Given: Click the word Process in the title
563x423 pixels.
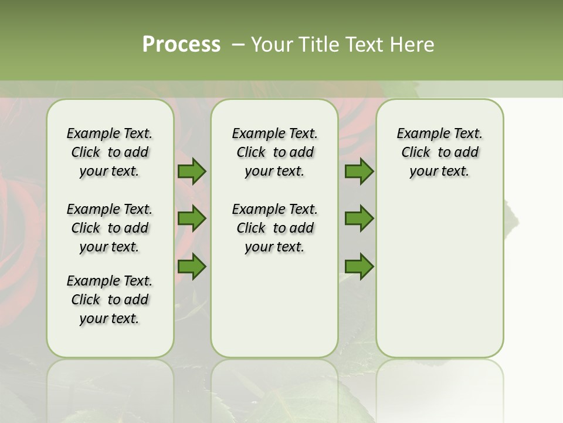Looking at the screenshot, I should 181,44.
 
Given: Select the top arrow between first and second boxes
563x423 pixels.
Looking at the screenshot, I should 192,172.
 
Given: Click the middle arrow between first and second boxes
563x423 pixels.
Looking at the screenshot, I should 192,219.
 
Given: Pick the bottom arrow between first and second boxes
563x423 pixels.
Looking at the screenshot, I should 192,266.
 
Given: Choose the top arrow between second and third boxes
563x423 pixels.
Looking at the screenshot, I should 359,172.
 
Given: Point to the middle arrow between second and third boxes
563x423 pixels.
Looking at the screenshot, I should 359,219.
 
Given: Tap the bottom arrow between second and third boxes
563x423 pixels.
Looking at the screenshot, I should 359,266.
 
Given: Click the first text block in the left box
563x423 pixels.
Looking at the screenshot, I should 110,152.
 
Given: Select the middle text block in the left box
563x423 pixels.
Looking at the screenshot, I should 110,228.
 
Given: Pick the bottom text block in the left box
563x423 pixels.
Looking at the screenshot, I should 110,300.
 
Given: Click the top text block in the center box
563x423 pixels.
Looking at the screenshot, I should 275,152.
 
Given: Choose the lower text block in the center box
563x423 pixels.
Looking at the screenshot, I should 275,228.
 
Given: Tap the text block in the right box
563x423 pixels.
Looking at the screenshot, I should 440,152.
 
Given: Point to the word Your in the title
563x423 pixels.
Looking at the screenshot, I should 271,45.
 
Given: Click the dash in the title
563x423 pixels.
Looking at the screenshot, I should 238,45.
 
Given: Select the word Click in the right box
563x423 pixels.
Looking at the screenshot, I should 416,153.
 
